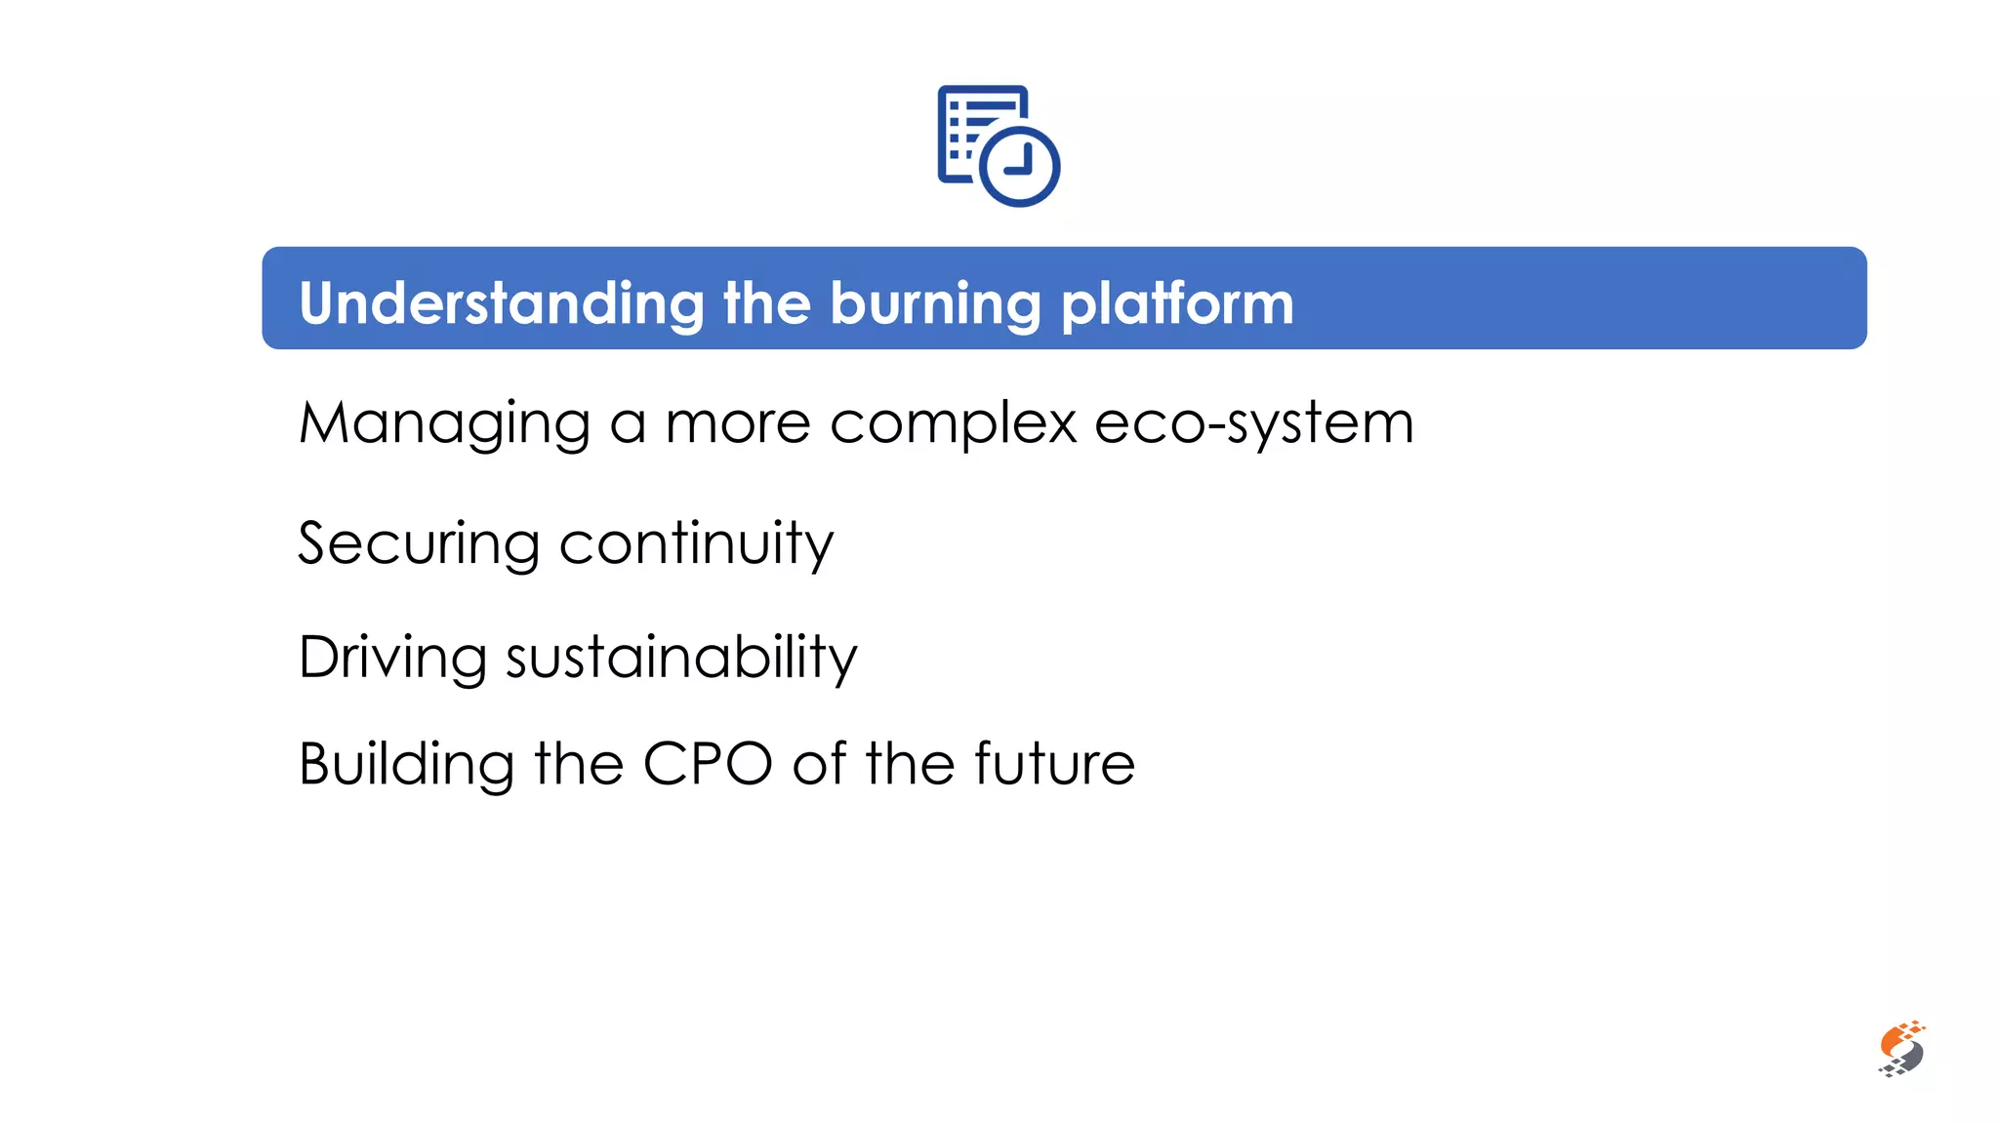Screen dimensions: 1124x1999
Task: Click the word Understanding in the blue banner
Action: tap(501, 303)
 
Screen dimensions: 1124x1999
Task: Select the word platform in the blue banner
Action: tap(1177, 303)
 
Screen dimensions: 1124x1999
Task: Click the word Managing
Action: tap(444, 424)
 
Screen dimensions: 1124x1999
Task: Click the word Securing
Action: tap(418, 543)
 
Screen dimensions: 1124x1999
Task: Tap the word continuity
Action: tap(696, 544)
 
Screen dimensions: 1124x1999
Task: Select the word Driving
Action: tap(392, 657)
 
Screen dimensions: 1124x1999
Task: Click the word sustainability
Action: tap(681, 658)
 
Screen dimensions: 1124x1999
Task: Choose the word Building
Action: tap(406, 763)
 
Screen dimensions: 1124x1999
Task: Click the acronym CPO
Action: tap(708, 763)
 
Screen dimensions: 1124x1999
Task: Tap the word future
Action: tap(1054, 763)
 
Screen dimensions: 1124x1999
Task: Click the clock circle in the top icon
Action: tap(1019, 166)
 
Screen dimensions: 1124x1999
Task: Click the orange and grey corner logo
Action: tap(1901, 1050)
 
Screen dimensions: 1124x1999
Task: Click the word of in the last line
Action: tap(819, 763)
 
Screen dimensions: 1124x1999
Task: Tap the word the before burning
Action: tap(766, 303)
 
